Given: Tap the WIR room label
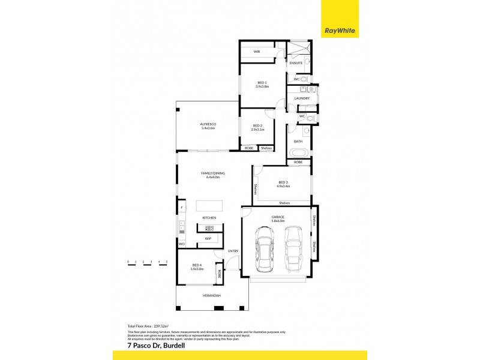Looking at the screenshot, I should click(257, 52).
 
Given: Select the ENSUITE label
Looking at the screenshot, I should click(296, 62).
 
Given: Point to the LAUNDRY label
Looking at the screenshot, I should click(302, 98).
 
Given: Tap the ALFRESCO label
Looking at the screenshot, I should click(208, 124).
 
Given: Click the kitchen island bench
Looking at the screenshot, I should click(208, 206).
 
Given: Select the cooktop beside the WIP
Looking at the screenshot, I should click(209, 228).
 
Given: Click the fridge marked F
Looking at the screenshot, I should click(181, 208).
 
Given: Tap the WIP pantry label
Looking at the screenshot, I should click(208, 239).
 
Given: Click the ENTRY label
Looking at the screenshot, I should click(233, 251).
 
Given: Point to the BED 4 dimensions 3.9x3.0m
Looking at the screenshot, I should click(197, 269).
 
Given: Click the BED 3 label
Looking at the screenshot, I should click(283, 182).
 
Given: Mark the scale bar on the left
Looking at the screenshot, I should click(147, 262).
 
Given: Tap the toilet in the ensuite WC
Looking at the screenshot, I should click(304, 79).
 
